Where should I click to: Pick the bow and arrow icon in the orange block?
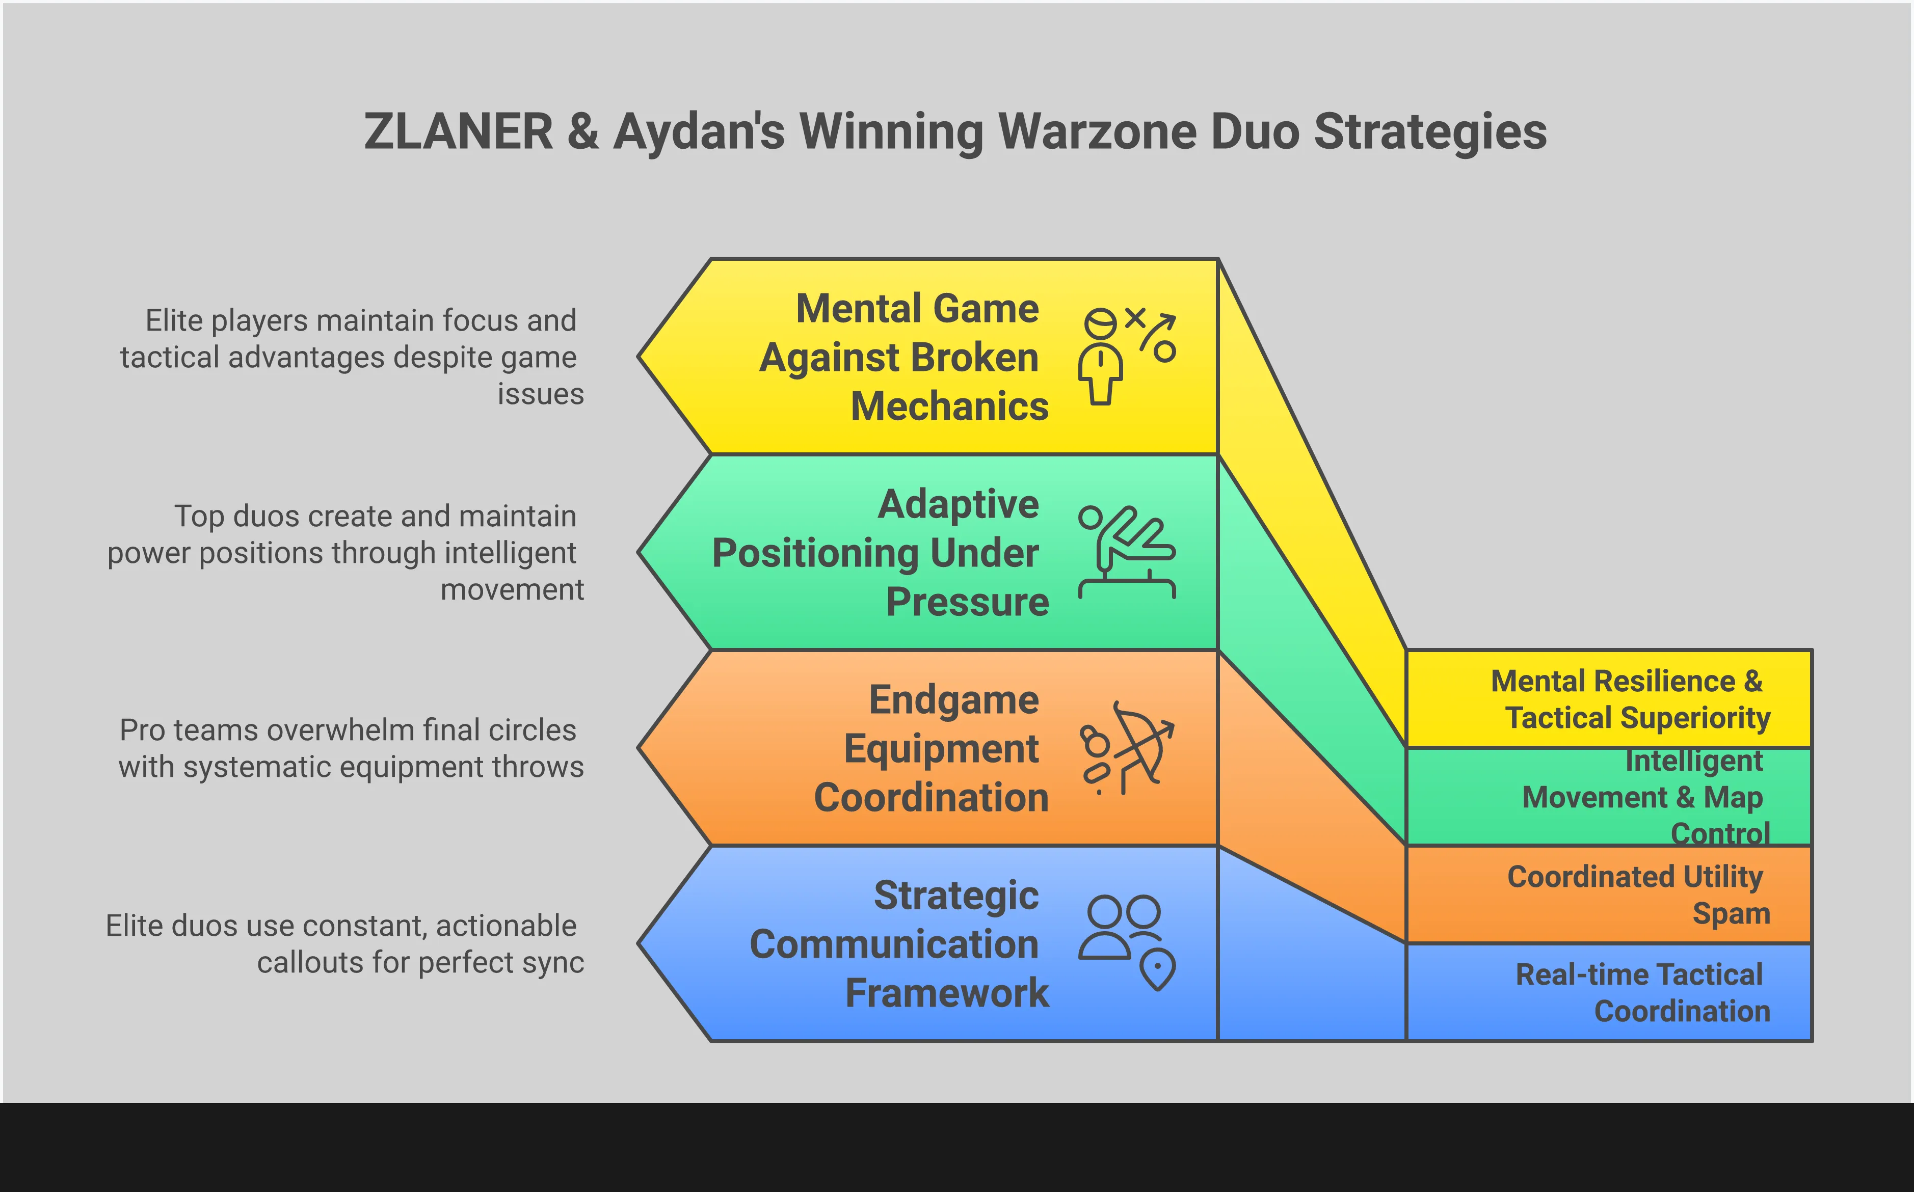pos(1126,747)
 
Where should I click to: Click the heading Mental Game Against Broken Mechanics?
pos(907,357)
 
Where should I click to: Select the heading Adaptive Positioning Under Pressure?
pos(883,553)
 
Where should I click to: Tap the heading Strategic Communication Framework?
pos(899,943)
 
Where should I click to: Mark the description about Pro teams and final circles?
pos(351,748)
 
